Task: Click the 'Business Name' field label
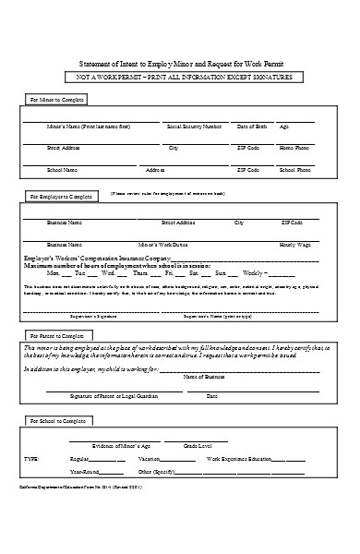point(65,223)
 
